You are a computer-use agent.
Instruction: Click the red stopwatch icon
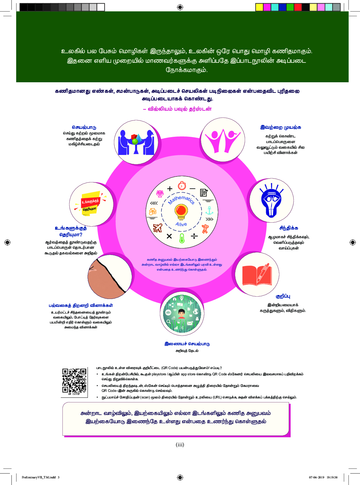pos(182,186)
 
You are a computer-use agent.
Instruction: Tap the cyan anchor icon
pos(209,210)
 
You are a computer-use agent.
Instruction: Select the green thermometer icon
pos(182,238)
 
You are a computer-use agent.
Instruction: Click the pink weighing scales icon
pos(160,194)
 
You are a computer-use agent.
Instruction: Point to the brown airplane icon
pos(158,228)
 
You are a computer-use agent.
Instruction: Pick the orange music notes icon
pos(153,211)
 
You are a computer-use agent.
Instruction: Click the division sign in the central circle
pos(194,236)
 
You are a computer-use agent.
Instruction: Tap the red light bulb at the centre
pos(181,211)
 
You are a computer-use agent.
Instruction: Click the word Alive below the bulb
pos(181,224)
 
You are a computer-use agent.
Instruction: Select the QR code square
pos(74,381)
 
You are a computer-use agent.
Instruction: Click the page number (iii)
pos(180,445)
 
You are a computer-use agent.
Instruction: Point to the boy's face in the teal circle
pos(181,313)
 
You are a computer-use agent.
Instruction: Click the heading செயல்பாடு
pos(84,127)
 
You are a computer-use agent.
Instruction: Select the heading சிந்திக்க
pos(289,228)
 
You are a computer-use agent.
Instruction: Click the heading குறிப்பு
pos(283,296)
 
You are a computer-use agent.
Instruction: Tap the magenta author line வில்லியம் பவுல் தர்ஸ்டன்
pos(177,109)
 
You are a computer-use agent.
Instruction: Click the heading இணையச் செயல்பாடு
pos(187,344)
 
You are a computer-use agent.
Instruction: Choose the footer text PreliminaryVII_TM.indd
pos(39,477)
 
